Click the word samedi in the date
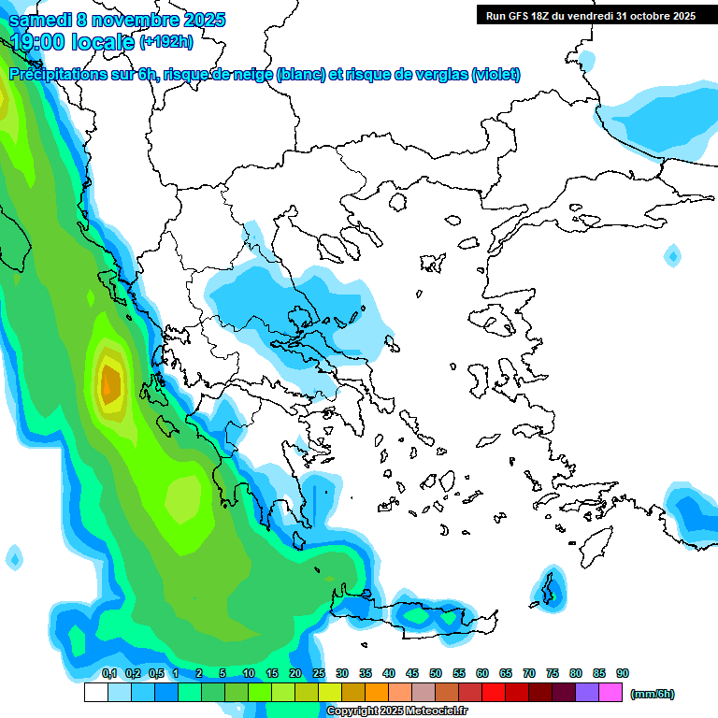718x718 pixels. pyautogui.click(x=36, y=20)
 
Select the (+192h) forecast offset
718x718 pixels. pyautogui.click(x=166, y=42)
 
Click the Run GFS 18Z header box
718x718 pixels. pyautogui.click(x=590, y=15)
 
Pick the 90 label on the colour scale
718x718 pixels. pyautogui.click(x=623, y=673)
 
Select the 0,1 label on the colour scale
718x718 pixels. pyautogui.click(x=108, y=673)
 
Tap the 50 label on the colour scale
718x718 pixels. pyautogui.click(x=436, y=673)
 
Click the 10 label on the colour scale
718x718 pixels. pyautogui.click(x=249, y=673)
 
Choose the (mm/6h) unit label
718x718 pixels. pyautogui.click(x=653, y=694)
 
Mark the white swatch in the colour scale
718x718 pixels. pyautogui.click(x=95, y=693)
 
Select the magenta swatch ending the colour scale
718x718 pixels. pyautogui.click(x=611, y=693)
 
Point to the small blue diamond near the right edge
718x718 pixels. pyautogui.click(x=672, y=254)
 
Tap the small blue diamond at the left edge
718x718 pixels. pyautogui.click(x=13, y=558)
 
